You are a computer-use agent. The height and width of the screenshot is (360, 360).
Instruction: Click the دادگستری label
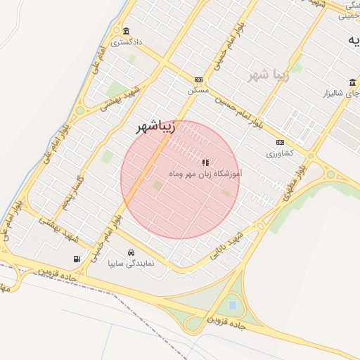(x=130, y=42)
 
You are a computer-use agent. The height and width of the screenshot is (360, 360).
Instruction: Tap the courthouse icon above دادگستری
(x=126, y=31)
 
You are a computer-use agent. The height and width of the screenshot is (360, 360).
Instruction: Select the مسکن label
(x=198, y=91)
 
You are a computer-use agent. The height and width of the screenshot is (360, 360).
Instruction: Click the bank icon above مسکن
(x=198, y=80)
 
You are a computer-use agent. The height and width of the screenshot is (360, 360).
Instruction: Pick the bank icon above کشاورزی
(x=281, y=142)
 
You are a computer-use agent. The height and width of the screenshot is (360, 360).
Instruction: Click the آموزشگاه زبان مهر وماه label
(x=206, y=172)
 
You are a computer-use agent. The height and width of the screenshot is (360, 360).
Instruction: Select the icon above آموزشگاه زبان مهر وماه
(x=205, y=162)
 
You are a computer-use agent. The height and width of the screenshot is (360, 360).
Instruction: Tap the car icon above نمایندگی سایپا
(x=131, y=252)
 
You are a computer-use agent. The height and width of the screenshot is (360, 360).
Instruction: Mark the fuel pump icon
(x=76, y=259)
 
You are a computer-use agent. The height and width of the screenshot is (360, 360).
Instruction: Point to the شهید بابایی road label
(x=229, y=245)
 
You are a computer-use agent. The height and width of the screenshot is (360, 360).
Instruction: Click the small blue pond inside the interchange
(x=232, y=305)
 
